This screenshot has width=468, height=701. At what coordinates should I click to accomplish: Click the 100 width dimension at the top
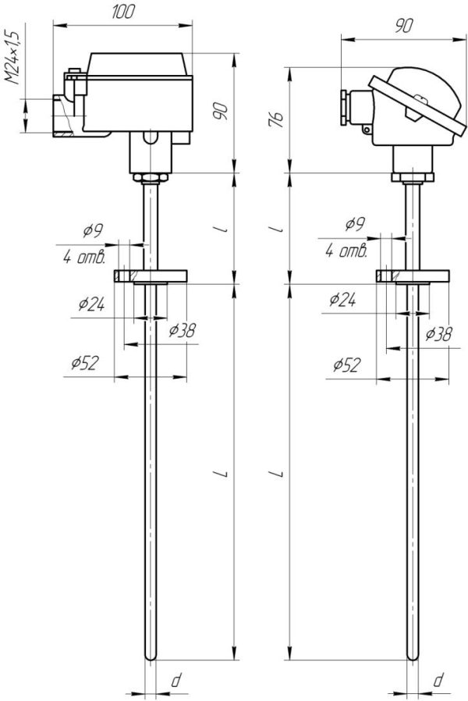click(x=123, y=12)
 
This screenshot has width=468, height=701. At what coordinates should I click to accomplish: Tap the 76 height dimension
click(x=278, y=118)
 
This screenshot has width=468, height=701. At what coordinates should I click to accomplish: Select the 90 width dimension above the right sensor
click(x=402, y=25)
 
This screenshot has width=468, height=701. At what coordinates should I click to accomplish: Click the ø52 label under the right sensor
click(x=345, y=365)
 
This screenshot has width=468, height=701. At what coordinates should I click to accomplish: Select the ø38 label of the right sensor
click(x=439, y=334)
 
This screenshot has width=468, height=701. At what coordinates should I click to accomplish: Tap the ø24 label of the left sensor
click(x=92, y=304)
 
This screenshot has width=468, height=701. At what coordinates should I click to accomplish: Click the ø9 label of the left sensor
click(x=94, y=231)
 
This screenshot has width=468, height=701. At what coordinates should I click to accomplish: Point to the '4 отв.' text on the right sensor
click(x=347, y=251)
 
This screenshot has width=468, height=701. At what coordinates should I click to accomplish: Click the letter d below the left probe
click(x=176, y=681)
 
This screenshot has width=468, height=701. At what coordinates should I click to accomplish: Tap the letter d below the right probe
click(x=438, y=681)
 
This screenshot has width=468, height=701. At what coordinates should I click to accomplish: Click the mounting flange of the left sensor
click(x=151, y=276)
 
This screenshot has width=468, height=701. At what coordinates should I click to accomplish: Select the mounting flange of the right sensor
click(x=413, y=276)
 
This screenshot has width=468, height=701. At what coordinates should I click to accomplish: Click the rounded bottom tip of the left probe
click(x=151, y=657)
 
